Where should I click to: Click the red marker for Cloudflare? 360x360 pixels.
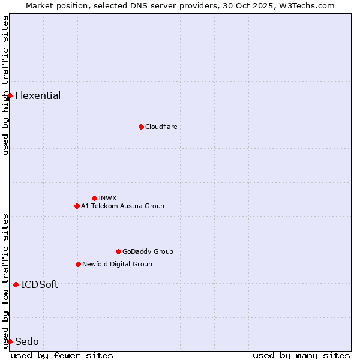[141, 127]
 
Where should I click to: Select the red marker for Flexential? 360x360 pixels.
[10, 95]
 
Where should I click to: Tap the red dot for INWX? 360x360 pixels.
[94, 198]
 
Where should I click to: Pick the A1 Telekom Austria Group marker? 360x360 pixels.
[77, 206]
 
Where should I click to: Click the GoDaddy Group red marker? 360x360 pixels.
[118, 251]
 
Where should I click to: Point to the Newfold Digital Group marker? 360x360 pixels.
[78, 264]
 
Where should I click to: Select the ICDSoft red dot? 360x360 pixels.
[16, 284]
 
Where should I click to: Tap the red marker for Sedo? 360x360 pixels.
[10, 341]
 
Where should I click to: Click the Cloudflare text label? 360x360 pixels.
[161, 127]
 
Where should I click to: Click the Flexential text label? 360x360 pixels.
[38, 95]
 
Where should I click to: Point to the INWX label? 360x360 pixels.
[107, 198]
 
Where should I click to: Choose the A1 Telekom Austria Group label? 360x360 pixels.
[122, 206]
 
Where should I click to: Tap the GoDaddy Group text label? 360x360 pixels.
[148, 251]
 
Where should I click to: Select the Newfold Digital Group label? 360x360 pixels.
[117, 264]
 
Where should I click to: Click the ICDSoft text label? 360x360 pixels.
[40, 284]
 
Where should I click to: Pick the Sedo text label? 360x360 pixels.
[26, 341]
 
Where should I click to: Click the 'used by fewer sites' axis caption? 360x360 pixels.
[62, 355]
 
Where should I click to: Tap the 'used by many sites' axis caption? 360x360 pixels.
[301, 355]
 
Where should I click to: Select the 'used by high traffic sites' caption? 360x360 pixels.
[5, 85]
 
